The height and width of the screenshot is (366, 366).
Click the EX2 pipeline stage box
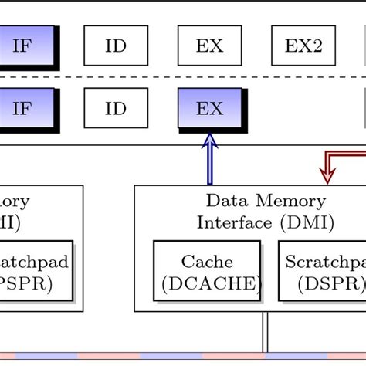tap(303, 46)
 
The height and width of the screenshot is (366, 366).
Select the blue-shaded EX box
tap(209, 108)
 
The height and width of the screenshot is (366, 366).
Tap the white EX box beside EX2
tap(209, 46)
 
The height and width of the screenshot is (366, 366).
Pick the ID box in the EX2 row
tap(115, 46)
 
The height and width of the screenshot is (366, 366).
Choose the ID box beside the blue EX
tap(115, 108)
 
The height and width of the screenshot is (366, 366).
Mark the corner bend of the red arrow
tap(327, 154)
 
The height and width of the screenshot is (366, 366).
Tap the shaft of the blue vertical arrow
tap(209, 166)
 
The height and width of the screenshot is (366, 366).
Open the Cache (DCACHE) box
tap(207, 273)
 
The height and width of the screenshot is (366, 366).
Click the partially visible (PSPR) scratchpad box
tap(35, 273)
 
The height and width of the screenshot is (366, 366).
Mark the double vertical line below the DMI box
tap(266, 332)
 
